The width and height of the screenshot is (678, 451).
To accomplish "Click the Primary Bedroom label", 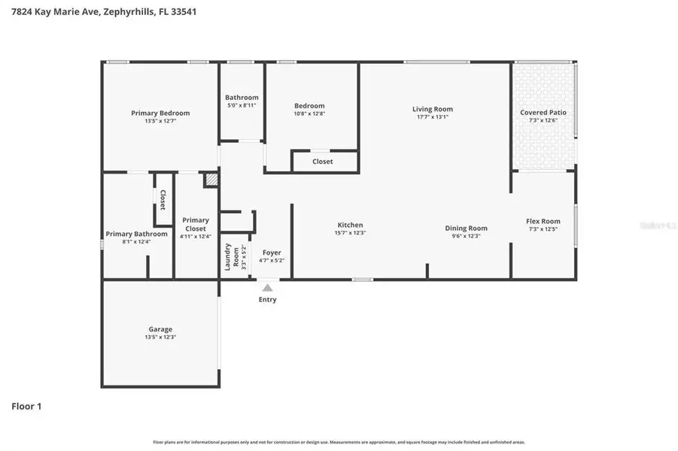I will point(160,113).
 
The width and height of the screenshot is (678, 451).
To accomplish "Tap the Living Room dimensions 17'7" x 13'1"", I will point(433,117).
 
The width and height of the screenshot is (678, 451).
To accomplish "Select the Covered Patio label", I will point(543,112).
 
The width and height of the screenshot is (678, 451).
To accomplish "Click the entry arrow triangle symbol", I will point(267,287).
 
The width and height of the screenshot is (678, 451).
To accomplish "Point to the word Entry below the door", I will point(267,299).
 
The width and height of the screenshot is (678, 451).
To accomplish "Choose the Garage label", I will point(160,329).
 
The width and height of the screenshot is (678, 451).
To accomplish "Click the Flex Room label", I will point(543,221).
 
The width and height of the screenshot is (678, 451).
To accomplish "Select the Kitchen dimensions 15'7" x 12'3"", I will point(350,233).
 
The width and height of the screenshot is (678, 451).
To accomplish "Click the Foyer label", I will point(271,253).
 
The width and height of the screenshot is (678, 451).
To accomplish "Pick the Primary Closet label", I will point(196,224).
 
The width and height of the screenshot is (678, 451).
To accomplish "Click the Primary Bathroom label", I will point(136,234).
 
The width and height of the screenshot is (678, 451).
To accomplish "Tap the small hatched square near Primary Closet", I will point(211,180).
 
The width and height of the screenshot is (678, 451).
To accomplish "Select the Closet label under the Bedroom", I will point(323,162).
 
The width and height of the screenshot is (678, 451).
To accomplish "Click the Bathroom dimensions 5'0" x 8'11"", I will point(242,105).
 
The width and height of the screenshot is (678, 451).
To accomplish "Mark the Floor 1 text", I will point(26,407).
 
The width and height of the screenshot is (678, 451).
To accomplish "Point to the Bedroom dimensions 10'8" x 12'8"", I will point(309,114).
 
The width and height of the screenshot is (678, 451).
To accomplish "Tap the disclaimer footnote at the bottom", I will point(339,443).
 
